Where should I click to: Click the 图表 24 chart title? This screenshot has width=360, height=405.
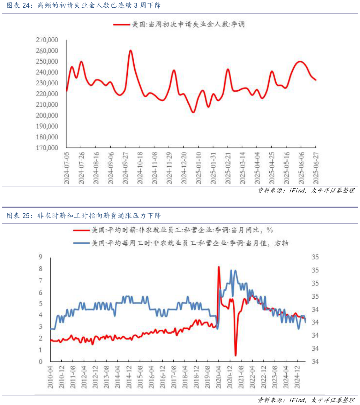point(84,6)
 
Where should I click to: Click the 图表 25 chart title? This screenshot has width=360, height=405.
point(84,216)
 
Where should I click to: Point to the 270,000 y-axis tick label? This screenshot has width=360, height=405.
point(47,40)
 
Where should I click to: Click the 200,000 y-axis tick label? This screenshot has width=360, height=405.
point(47,115)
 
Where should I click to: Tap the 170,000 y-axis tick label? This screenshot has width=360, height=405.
point(47,148)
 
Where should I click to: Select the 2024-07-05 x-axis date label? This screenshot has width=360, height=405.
point(67,167)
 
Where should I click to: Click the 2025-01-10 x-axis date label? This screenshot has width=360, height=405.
point(198,167)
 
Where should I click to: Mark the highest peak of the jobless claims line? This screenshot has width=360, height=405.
point(130,51)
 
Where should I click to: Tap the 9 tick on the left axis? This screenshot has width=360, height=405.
point(40,257)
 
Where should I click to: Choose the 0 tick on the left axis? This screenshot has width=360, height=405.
point(40,361)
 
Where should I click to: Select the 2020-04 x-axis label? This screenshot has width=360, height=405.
point(219,376)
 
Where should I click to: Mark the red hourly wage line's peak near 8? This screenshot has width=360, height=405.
point(219,267)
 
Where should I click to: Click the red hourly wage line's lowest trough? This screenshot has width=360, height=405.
point(235,356)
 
